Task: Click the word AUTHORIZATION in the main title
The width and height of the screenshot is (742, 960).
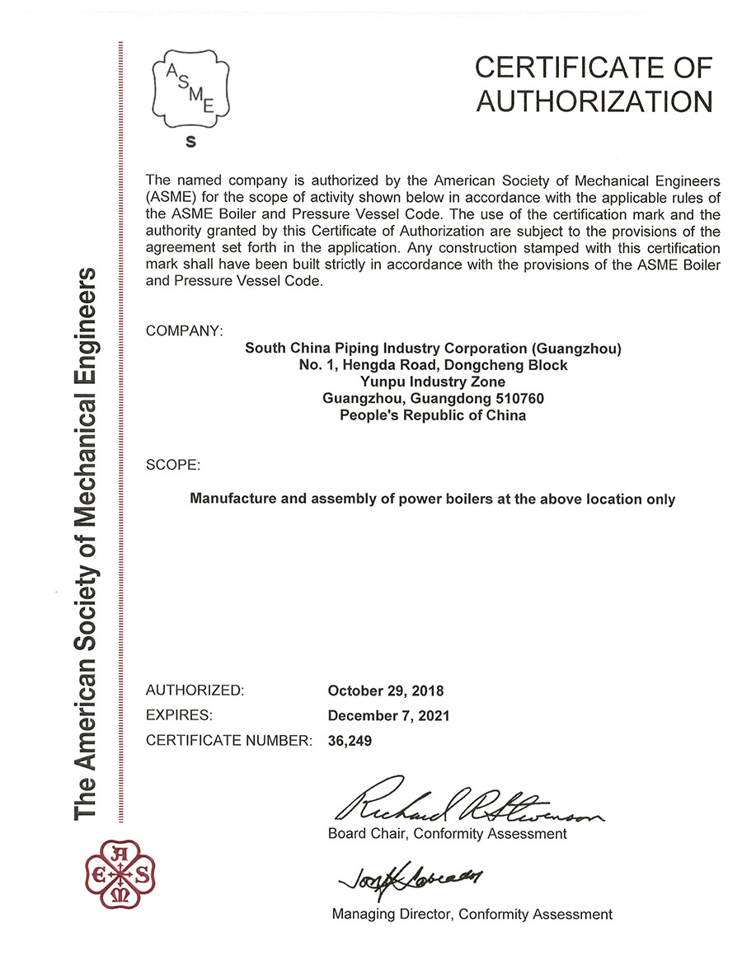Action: click(x=594, y=101)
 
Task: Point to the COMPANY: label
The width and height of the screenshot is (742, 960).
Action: click(x=184, y=330)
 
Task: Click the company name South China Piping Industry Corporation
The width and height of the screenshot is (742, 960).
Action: click(x=433, y=348)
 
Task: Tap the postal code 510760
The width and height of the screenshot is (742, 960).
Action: click(x=514, y=399)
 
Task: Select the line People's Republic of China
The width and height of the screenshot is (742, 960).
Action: click(x=433, y=415)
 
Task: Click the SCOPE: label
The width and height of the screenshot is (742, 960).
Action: click(x=173, y=465)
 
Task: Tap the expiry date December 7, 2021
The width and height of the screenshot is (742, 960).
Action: click(x=388, y=715)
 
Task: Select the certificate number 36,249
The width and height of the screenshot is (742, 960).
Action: click(x=350, y=740)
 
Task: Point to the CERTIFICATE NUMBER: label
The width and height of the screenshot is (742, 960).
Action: click(x=228, y=740)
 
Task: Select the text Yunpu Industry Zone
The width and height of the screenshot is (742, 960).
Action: click(x=433, y=382)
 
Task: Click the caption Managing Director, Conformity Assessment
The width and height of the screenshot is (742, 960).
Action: click(x=472, y=914)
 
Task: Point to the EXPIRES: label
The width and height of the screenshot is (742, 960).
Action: click(x=179, y=715)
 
